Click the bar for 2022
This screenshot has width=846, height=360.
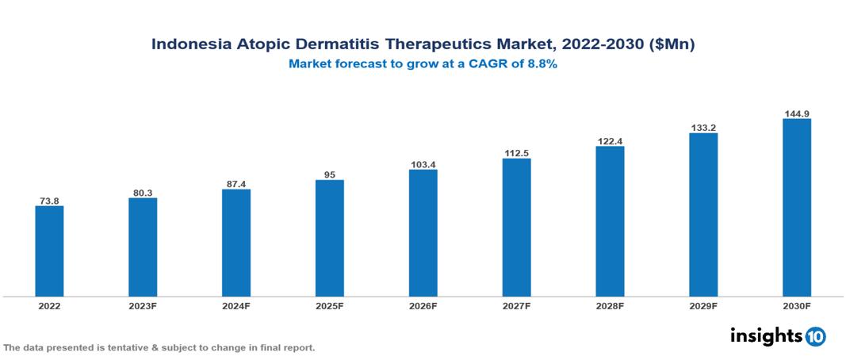point(49,251)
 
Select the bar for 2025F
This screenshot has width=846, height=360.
point(329,238)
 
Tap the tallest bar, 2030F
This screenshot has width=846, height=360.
point(797,208)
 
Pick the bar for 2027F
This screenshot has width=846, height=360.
point(516,228)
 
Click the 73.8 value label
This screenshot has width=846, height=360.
point(49,201)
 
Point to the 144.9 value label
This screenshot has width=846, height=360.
point(797,113)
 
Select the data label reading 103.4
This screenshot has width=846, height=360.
point(423,164)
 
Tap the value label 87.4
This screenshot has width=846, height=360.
point(236,183)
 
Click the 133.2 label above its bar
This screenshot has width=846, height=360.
point(703,127)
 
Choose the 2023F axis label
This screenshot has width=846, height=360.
point(143,306)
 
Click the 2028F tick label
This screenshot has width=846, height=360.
point(610,306)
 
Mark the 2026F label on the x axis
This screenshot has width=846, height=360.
point(423,306)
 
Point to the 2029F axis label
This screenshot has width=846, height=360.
point(703,306)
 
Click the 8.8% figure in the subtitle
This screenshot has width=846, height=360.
point(542,65)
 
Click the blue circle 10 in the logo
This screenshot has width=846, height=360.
point(815,336)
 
